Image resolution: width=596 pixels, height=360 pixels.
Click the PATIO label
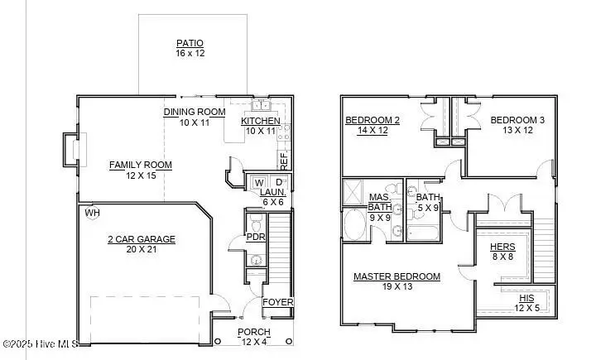click(190, 43)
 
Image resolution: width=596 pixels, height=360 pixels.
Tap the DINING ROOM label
click(195, 113)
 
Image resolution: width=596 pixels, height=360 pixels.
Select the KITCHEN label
click(261, 122)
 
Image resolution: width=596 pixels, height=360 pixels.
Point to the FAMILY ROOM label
click(141, 165)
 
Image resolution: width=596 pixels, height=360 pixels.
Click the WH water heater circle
click(92, 213)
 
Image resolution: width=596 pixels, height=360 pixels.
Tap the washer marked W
click(259, 182)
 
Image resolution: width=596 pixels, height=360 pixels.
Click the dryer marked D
click(279, 182)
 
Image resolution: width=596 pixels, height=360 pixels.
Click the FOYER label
click(277, 302)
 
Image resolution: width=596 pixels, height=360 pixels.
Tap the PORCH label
click(253, 332)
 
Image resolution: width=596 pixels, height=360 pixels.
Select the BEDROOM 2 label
click(372, 121)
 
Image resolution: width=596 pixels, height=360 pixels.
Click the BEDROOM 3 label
click(517, 121)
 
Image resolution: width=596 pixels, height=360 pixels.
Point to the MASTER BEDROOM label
click(397, 276)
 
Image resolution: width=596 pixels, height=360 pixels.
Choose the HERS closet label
click(502, 247)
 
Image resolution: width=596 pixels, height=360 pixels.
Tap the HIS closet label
click(526, 298)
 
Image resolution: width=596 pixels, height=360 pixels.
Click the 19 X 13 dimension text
click(397, 286)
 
